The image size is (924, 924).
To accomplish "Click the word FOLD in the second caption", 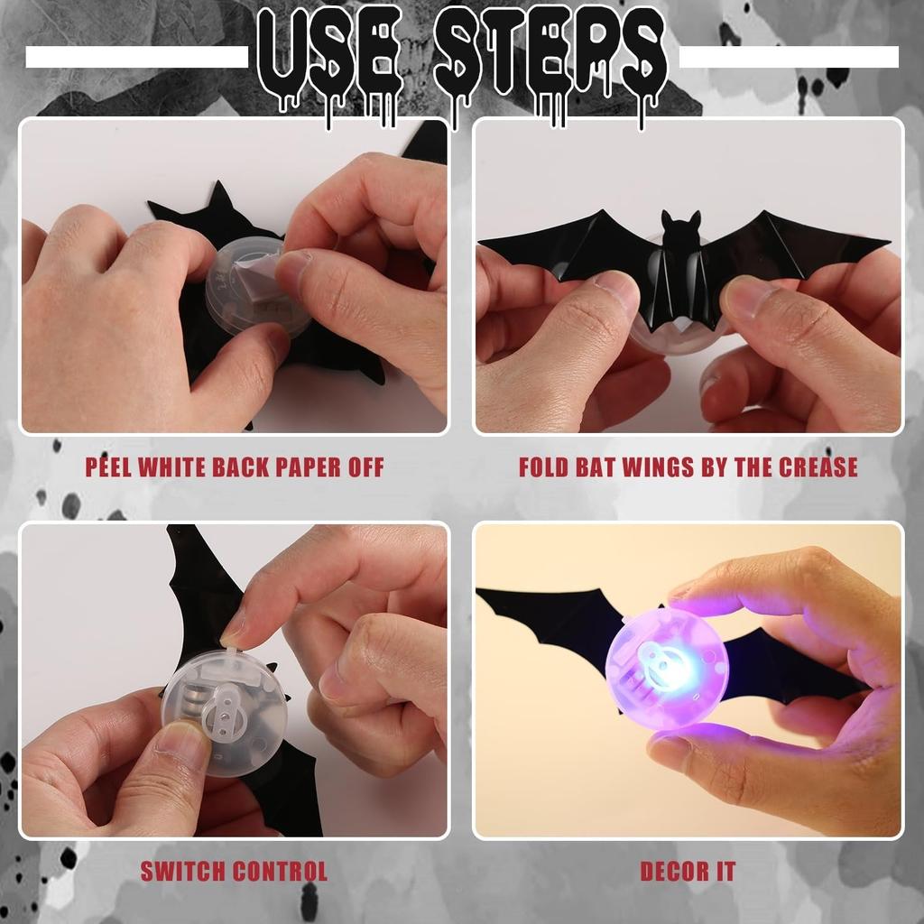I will (x=546, y=467).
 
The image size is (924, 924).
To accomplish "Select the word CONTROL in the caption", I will (x=280, y=871).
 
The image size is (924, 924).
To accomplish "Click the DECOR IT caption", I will (x=688, y=871).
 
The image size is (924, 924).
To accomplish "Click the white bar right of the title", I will (x=789, y=58).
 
